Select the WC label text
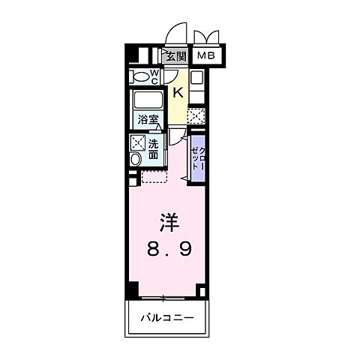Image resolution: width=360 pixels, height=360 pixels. click(154, 75)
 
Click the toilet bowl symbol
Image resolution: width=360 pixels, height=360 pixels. click(139, 75)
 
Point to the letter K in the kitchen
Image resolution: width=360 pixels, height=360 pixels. click(178, 92)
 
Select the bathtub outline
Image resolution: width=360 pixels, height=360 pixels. click(147, 100)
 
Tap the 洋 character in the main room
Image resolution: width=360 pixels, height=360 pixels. click(168, 222)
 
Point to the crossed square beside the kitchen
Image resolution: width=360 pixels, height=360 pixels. click(196, 115)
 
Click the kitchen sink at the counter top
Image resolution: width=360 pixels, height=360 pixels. click(196, 77)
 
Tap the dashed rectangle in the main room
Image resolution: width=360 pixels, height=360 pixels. click(153, 177)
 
